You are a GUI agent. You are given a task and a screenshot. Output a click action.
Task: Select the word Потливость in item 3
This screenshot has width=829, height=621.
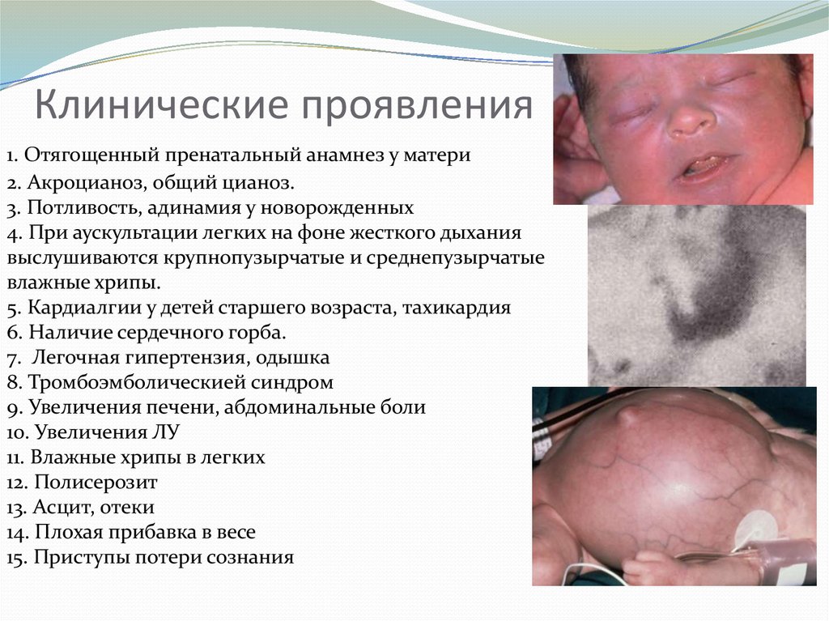pos(83,207)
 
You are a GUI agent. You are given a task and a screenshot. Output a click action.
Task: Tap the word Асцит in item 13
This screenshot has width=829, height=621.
pos(59,508)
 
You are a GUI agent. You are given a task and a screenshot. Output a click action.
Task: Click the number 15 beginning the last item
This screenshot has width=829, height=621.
pos(15,558)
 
